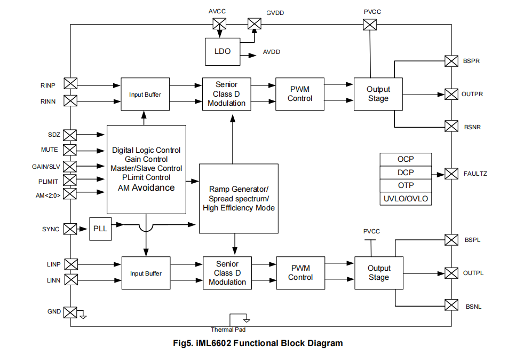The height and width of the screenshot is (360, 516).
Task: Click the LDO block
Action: [223, 52]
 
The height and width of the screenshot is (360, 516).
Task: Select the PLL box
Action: [100, 229]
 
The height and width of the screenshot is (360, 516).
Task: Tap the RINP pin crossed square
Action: [70, 84]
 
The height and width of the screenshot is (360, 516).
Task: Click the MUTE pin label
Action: [50, 150]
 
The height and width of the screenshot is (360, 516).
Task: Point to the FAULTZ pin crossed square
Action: [451, 174]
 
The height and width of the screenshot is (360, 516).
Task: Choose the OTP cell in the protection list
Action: [406, 186]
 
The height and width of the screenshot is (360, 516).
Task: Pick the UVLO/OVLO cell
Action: [406, 199]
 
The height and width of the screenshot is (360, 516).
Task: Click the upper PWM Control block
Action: [300, 94]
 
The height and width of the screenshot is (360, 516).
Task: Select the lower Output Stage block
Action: [379, 273]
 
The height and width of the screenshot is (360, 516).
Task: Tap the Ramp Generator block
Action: [239, 198]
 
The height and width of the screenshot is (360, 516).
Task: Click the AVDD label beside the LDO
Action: [272, 52]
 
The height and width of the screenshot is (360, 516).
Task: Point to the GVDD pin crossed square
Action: [254, 24]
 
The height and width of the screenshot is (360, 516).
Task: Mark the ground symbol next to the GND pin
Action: [82, 315]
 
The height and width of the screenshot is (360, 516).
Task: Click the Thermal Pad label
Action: [228, 330]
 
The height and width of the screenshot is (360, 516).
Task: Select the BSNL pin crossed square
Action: [451, 306]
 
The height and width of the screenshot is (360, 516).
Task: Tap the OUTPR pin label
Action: [472, 94]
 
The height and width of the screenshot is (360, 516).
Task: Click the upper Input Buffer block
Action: [145, 95]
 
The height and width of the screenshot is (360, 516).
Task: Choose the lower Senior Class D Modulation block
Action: [227, 273]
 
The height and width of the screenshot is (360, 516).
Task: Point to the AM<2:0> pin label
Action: [48, 195]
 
